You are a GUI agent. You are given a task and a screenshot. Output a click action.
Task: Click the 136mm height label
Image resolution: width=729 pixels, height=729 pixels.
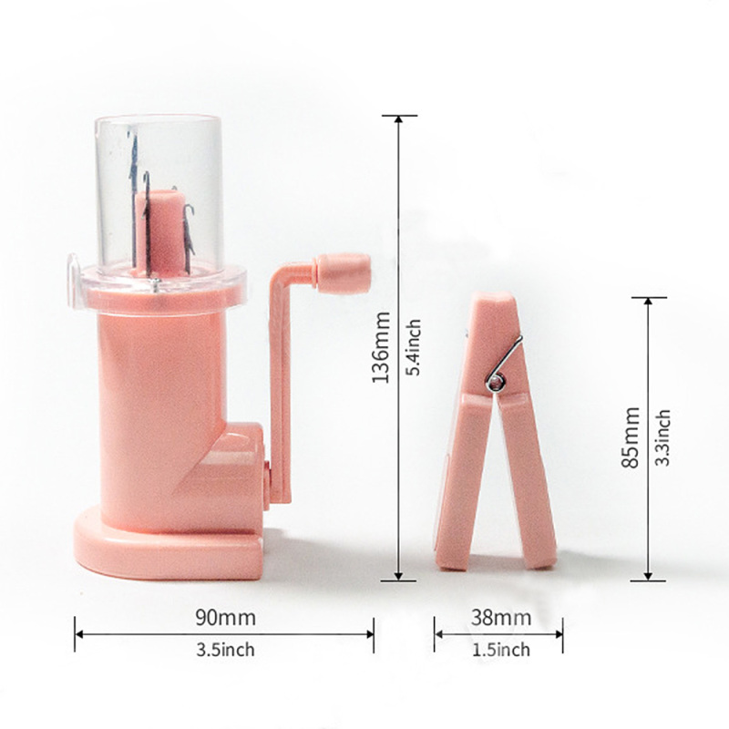click(380, 347)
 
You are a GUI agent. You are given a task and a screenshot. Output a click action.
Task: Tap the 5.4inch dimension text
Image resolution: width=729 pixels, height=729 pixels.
click(413, 347)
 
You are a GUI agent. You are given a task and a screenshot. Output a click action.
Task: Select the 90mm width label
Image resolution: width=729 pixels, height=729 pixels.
click(225, 618)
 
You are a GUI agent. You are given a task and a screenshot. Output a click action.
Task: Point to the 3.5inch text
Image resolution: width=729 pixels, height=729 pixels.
click(225, 650)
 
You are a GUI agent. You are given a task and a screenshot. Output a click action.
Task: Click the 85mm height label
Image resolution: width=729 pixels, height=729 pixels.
click(631, 437)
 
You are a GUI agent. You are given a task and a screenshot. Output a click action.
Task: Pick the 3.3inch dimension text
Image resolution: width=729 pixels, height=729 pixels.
click(662, 437)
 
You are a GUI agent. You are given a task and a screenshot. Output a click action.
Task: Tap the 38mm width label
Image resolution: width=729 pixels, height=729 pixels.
click(500, 618)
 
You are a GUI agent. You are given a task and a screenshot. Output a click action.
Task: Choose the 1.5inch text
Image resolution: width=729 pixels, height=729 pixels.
click(500, 650)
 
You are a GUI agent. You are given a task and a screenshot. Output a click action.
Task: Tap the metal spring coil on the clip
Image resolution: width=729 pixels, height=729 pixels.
click(496, 383)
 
